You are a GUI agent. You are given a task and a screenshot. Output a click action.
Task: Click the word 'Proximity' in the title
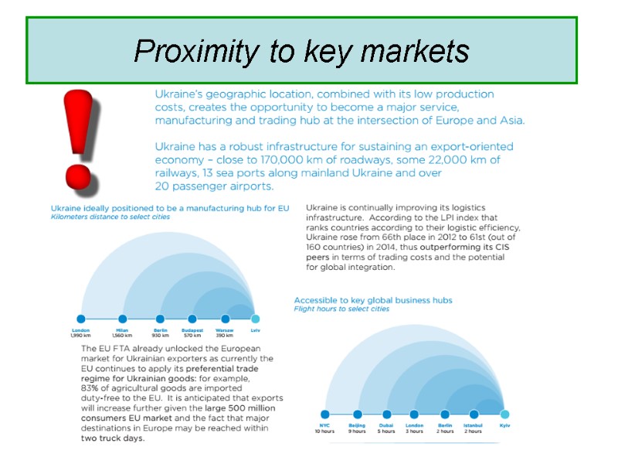pyautogui.click(x=196, y=52)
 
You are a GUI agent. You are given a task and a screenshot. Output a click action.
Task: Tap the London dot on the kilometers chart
pyautogui.click(x=80, y=319)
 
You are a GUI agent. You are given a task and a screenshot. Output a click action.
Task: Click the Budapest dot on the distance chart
pyautogui.click(x=192, y=319)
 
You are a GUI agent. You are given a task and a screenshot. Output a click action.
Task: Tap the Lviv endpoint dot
pyautogui.click(x=256, y=319)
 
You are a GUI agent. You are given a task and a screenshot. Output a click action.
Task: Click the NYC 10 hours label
pyautogui.click(x=324, y=428)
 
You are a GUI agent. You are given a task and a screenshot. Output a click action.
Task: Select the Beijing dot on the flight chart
pyautogui.click(x=357, y=415)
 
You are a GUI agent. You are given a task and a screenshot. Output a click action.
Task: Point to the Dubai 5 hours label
pyautogui.click(x=386, y=428)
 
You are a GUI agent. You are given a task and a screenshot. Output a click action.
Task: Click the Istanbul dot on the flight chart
pyautogui.click(x=473, y=415)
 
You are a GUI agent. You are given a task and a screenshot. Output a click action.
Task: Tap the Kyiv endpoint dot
pyautogui.click(x=504, y=415)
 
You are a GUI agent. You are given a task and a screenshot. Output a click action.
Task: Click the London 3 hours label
pyautogui.click(x=414, y=428)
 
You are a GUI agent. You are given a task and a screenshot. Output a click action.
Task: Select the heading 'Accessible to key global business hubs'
pyautogui.click(x=373, y=300)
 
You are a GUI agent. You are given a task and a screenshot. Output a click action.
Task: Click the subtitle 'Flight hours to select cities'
pyautogui.click(x=341, y=309)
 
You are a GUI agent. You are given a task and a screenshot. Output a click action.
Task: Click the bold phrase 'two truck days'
pyautogui.click(x=113, y=438)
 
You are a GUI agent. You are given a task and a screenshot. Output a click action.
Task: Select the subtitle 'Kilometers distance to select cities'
pyautogui.click(x=110, y=217)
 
